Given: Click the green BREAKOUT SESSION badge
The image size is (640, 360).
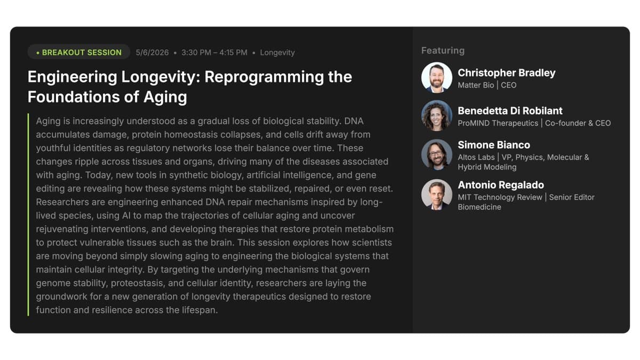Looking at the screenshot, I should [x=79, y=52].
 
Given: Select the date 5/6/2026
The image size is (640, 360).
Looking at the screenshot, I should [x=152, y=52].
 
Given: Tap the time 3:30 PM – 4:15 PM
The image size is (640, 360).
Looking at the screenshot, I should [x=214, y=52].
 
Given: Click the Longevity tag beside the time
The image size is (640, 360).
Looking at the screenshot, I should [x=277, y=52].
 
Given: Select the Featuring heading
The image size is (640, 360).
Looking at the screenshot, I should [x=443, y=51].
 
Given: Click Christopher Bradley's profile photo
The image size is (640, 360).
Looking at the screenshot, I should [x=437, y=78].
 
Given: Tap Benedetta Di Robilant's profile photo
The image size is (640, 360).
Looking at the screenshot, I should [x=437, y=116].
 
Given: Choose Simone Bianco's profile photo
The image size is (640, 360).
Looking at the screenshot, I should [x=437, y=155].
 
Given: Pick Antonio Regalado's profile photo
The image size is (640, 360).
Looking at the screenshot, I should [x=437, y=195].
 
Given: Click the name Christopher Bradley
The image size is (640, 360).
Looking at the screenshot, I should [x=506, y=73].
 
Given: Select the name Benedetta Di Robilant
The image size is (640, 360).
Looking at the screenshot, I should [x=510, y=111].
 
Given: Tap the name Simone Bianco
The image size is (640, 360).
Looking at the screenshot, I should [x=494, y=145].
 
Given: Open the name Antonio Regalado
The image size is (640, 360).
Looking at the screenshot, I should [x=501, y=185].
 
